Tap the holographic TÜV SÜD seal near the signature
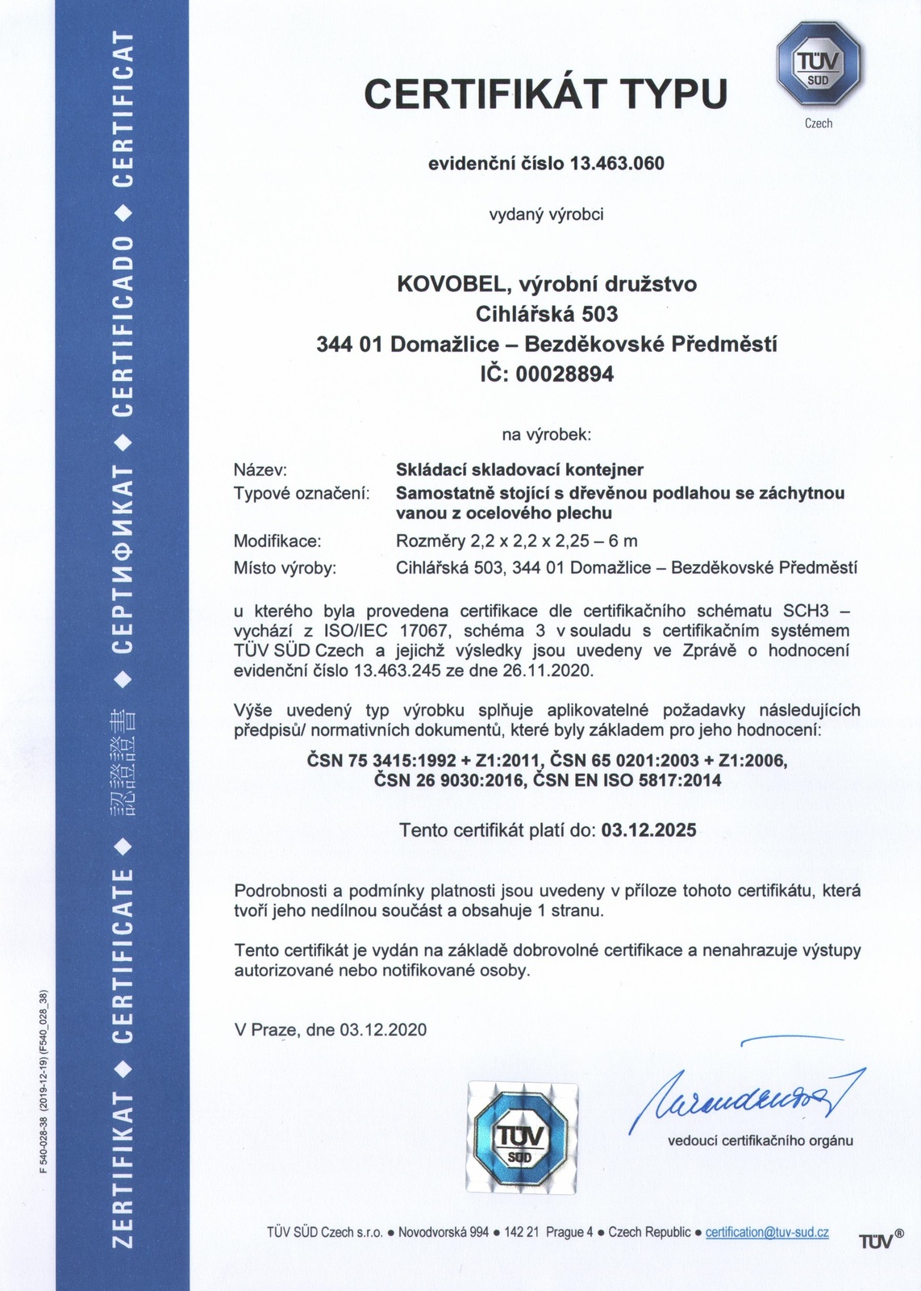[x=522, y=1137]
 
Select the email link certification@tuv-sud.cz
[x=767, y=1232]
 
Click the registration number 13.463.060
[x=617, y=164]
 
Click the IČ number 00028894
[x=565, y=374]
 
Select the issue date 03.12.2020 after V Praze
[x=383, y=1030]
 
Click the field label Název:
[x=260, y=470]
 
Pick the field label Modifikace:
[x=277, y=541]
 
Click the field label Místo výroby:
[x=285, y=568]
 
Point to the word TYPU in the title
[x=673, y=94]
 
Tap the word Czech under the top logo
[x=819, y=123]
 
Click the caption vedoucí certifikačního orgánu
[x=760, y=1141]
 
